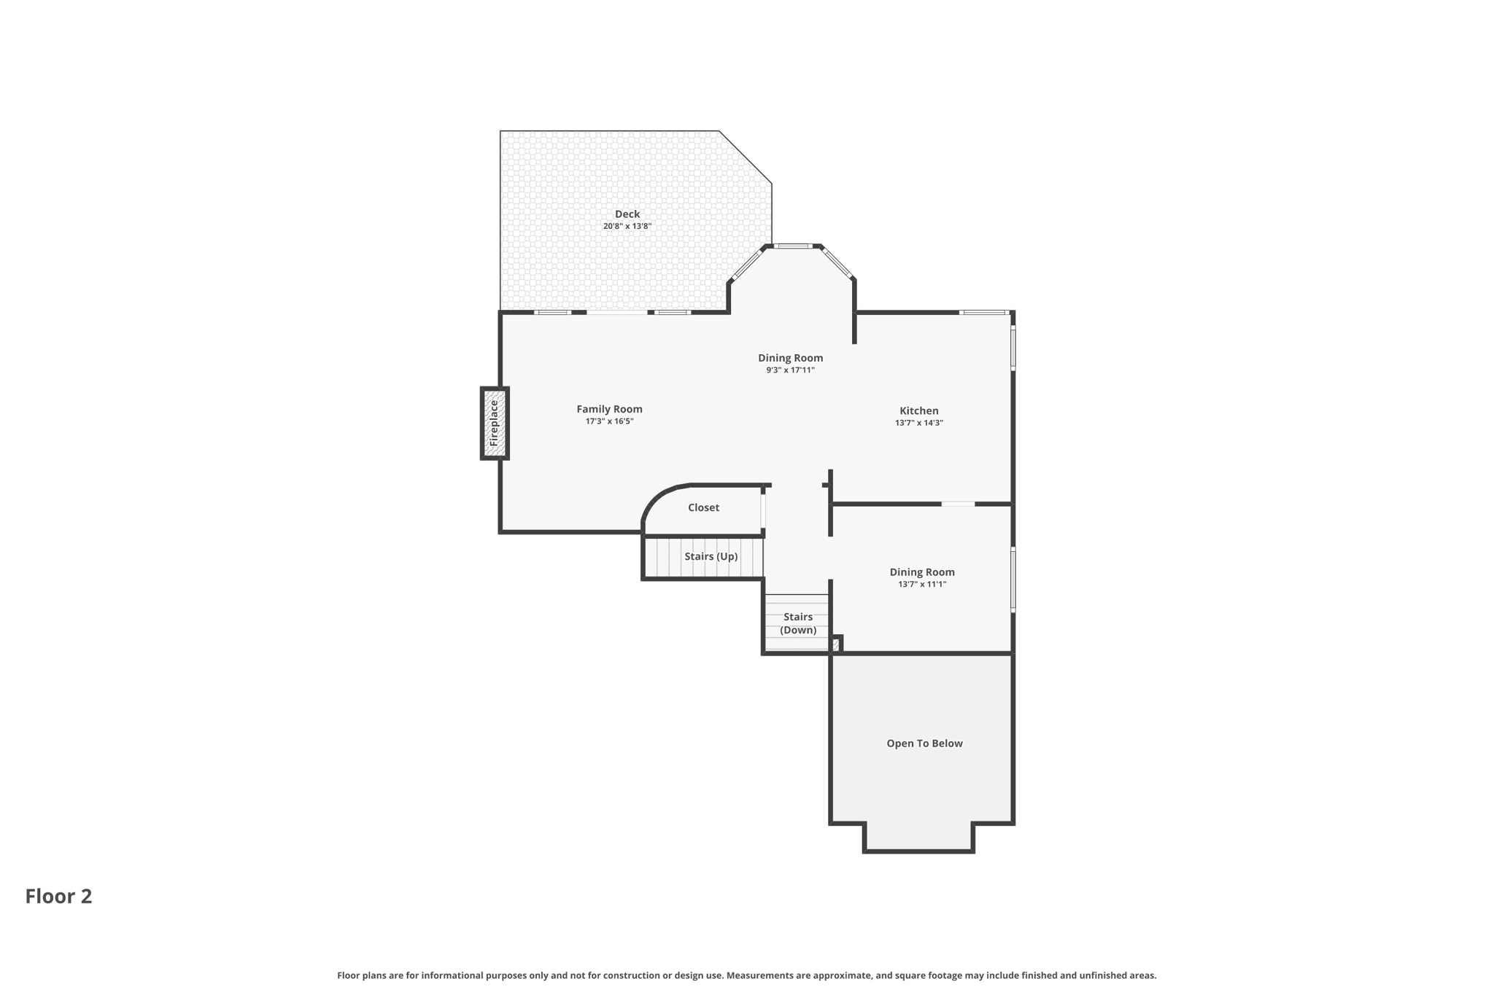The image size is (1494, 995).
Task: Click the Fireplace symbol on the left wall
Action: pos(494,424)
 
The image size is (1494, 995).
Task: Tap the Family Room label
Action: pos(609,409)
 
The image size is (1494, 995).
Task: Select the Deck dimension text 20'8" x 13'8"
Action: pos(627,226)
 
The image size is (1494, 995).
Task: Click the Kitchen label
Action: pos(918,410)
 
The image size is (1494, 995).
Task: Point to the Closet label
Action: pos(703,507)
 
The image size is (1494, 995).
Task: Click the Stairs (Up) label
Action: pos(711,556)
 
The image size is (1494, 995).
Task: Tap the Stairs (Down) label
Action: pos(797,623)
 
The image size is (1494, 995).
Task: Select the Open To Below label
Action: pos(924,744)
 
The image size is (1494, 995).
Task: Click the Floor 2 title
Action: pos(58,896)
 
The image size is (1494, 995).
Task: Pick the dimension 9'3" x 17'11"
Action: pos(790,370)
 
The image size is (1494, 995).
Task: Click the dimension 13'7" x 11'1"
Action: pos(922,584)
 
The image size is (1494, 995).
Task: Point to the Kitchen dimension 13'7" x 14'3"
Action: pos(918,423)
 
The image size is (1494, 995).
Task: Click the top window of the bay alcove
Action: pos(792,246)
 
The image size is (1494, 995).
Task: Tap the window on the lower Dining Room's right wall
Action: pos(1013,580)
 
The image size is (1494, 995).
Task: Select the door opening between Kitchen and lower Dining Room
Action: pos(958,504)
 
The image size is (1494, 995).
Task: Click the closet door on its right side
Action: pos(763,511)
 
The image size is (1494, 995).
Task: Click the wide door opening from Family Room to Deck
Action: pos(616,313)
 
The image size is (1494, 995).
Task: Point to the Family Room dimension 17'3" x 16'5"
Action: pos(609,421)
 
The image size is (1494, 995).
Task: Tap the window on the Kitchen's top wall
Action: pos(983,313)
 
